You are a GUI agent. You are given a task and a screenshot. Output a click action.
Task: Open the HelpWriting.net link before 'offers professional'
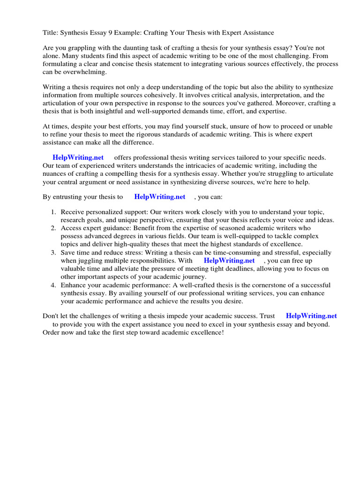tap(78, 157)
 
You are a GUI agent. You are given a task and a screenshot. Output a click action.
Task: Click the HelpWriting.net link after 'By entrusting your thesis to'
tap(160, 197)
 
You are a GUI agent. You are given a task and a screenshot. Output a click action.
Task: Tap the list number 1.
tap(53, 212)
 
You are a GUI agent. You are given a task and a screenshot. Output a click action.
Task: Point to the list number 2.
tap(53, 228)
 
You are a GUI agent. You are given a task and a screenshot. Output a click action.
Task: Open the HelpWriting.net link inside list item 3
tap(229, 261)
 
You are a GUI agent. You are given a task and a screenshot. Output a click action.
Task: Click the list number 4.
tap(53, 285)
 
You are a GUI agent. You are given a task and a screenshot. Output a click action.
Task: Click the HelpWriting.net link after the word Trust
tap(311, 316)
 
